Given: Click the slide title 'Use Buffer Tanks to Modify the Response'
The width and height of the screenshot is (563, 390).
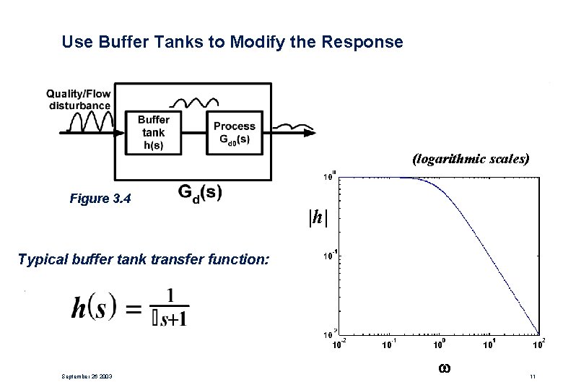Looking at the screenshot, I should coord(232,42).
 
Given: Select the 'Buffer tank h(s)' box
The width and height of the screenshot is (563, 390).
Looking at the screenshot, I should coord(153,133).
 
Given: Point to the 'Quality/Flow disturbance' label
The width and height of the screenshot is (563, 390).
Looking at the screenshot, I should coord(79,100).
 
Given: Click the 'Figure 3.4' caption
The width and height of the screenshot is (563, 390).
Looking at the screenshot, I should coord(100,198).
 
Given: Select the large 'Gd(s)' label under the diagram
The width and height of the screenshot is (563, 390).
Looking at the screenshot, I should coord(199,194).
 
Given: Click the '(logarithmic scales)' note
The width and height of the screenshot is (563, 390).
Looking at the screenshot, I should coord(470,158).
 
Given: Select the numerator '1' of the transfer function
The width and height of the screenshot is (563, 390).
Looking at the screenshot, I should coord(171,295).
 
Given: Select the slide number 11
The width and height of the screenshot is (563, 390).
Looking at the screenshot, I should coord(532,376).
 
